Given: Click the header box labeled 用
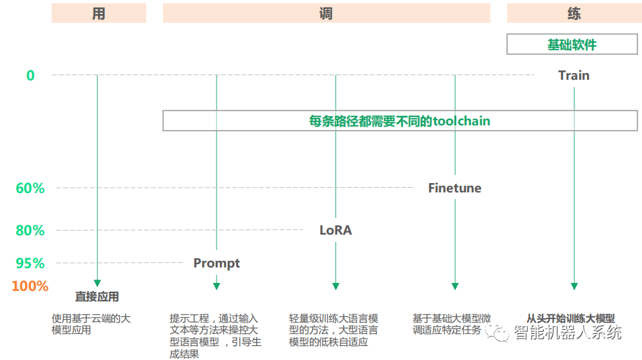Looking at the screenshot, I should [x=99, y=13].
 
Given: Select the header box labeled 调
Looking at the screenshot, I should [x=326, y=13].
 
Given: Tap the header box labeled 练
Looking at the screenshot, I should [x=572, y=13].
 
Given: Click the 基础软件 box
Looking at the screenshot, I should [x=572, y=45].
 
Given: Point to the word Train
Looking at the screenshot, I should [x=574, y=75].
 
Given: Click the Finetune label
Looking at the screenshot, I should [x=455, y=188].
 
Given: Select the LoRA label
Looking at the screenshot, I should [x=335, y=231].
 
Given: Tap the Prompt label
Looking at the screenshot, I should [x=217, y=263].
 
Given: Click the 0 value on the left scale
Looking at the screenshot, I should [x=30, y=76].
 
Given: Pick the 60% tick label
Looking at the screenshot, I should [x=30, y=188].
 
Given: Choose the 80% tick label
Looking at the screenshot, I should [x=30, y=231].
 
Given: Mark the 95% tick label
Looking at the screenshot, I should [x=30, y=263].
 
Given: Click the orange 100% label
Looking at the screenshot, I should [x=30, y=286].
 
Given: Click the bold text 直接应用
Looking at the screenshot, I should [x=97, y=297].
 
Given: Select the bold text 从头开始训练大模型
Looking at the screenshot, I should [x=571, y=319].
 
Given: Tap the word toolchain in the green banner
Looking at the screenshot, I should [x=462, y=121].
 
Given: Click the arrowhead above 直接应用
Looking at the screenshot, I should [x=97, y=283].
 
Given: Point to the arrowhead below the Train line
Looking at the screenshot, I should [x=574, y=286].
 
